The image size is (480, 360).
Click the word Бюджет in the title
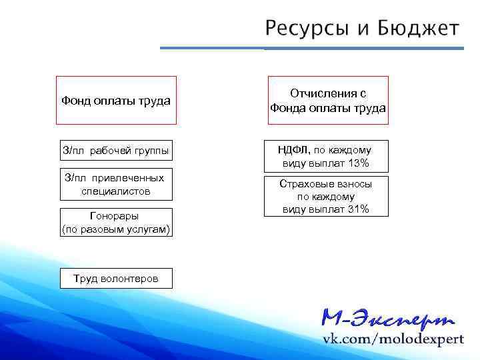click(x=417, y=28)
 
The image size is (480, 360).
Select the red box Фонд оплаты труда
click(x=116, y=101)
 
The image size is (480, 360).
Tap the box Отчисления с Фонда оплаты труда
click(x=327, y=101)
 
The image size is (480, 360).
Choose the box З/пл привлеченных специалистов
click(x=116, y=185)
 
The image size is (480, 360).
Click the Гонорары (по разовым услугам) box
click(x=116, y=222)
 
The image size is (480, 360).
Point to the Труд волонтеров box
click(x=116, y=278)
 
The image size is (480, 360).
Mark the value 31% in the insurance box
click(x=357, y=209)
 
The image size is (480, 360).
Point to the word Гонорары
click(x=116, y=216)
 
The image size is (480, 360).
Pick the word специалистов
click(x=116, y=191)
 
